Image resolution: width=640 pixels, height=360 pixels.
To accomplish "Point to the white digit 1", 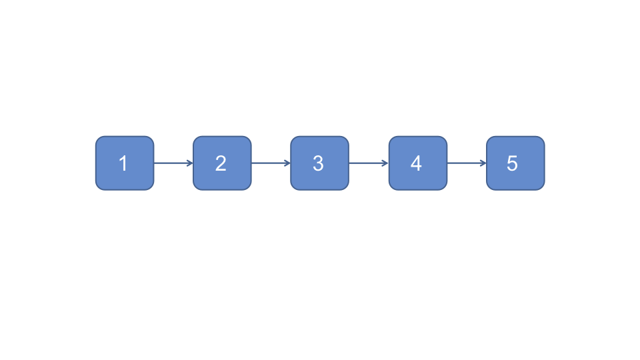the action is tap(123, 163).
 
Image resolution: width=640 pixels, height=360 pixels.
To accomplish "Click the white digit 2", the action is tap(221, 163).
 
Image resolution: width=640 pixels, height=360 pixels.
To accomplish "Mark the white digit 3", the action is tap(318, 163).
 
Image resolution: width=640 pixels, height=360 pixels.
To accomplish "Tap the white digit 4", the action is tap(416, 163).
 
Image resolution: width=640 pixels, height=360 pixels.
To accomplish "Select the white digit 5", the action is tap(512, 163).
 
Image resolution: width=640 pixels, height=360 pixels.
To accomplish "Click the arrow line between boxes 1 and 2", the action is tap(172, 163).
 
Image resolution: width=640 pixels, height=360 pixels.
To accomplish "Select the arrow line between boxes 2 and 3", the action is tap(269, 163).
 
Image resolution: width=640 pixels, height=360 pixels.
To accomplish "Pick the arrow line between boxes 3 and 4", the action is tap(367, 163).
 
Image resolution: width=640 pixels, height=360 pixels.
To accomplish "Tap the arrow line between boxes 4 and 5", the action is tap(465, 163).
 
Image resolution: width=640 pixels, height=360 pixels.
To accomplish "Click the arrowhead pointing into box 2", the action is tap(190, 163).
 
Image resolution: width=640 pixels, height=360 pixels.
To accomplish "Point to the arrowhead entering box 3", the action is tap(287, 163).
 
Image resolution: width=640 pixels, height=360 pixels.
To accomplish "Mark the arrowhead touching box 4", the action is tap(386, 163).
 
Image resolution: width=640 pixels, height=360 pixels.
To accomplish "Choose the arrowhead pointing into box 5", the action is tap(483, 163).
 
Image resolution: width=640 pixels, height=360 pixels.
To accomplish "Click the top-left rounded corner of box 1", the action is tap(99, 139).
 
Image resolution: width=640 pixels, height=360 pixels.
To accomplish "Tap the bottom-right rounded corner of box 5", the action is tap(541, 187).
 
